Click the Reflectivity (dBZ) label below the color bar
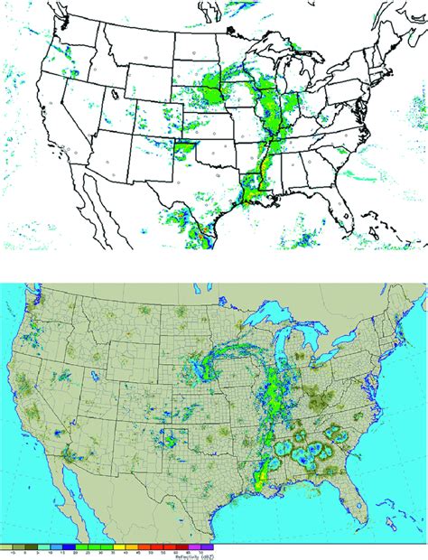click(214, 555)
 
